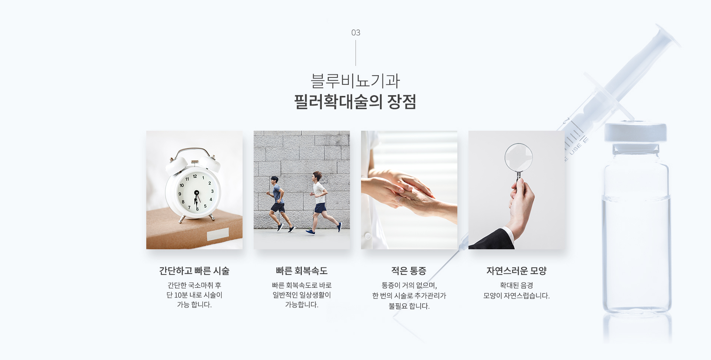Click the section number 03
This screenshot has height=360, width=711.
click(x=355, y=33)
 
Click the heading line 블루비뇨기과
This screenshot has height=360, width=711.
click(x=355, y=81)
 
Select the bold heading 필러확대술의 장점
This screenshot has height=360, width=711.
click(x=355, y=101)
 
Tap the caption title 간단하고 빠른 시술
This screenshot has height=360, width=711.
click(x=194, y=271)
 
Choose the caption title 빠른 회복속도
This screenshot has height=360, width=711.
click(x=302, y=271)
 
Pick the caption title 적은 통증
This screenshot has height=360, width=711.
click(x=409, y=271)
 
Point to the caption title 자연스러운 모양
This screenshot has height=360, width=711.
click(x=517, y=271)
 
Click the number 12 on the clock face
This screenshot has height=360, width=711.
click(x=195, y=176)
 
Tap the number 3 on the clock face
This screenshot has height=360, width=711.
click(x=212, y=191)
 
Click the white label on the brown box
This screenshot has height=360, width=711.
click(x=218, y=234)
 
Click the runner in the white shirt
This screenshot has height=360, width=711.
click(x=320, y=202)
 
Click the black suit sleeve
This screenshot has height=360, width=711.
click(x=493, y=240)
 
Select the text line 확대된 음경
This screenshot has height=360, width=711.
click(x=517, y=285)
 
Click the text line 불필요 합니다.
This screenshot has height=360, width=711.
click(x=409, y=306)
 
